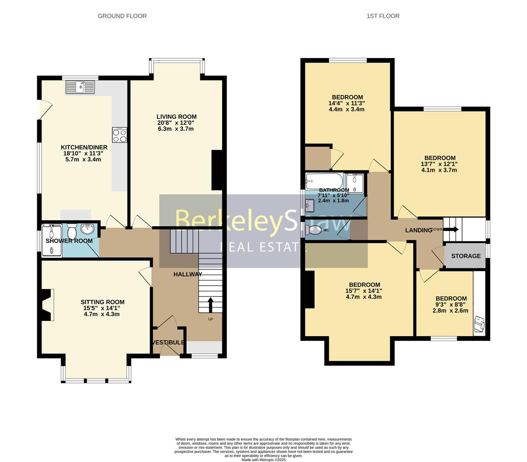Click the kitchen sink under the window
pos(80,87)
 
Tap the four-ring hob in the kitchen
pos(120,135)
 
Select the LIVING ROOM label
pos(177,117)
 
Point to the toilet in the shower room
pos(71,232)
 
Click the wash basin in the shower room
pos(88,229)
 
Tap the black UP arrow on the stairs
pos(210,305)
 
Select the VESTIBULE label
pos(169,342)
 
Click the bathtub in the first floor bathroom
pos(324,181)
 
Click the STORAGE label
pos(466,256)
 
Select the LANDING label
pos(418,230)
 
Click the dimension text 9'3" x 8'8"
pos(451,305)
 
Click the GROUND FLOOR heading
pos(122,16)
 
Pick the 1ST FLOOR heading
pos(383,16)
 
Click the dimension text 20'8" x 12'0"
pos(177,123)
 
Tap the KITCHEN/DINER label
pos(84,148)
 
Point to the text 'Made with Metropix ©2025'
pos(263,459)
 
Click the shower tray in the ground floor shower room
pos(52,240)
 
